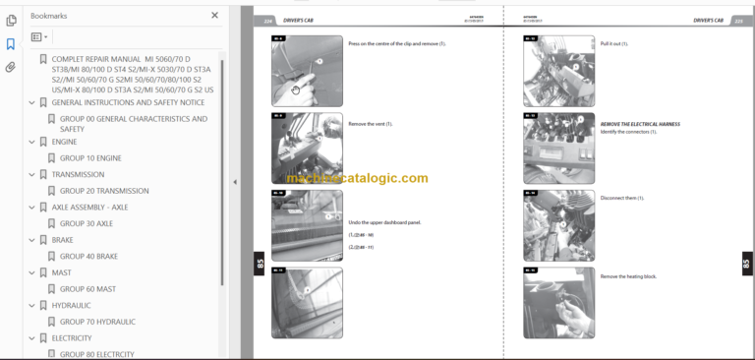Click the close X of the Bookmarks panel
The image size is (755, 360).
(x=215, y=16)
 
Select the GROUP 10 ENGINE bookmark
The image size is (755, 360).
(x=90, y=157)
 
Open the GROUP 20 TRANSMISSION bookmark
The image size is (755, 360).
(x=104, y=191)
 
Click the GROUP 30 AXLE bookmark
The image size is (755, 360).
(x=87, y=223)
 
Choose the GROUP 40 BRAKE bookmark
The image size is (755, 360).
(x=88, y=256)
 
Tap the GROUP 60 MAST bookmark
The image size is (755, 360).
(x=87, y=289)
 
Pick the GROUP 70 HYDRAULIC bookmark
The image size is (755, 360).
(x=97, y=322)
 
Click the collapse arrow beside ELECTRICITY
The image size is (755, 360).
(x=32, y=337)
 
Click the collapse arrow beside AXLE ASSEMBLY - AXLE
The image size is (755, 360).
(x=32, y=208)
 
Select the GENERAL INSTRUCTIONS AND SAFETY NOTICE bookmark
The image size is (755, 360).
(x=128, y=102)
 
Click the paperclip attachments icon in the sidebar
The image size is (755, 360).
(x=11, y=68)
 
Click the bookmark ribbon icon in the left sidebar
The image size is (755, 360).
(x=11, y=44)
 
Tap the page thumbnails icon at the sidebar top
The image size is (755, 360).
(x=11, y=20)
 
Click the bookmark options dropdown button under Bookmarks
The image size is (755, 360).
(x=39, y=37)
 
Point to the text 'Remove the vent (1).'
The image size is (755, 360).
(x=370, y=124)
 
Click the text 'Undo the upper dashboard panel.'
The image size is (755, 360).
(x=384, y=222)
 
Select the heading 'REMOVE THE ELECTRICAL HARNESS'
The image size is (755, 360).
(x=640, y=124)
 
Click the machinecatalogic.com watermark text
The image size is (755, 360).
(x=357, y=178)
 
